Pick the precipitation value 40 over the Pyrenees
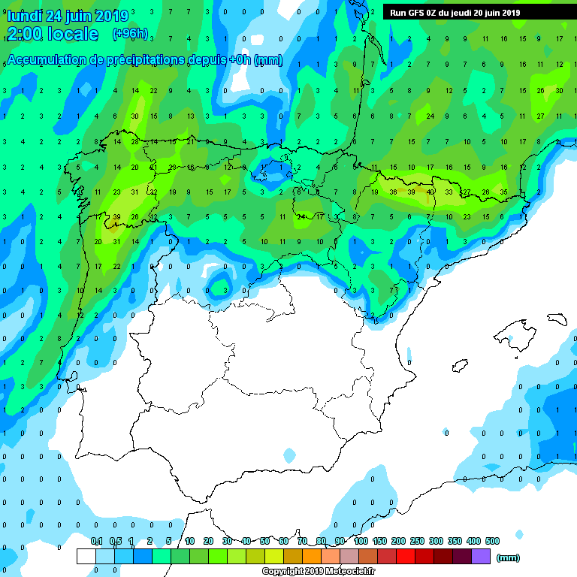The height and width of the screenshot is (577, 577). tap(430, 192)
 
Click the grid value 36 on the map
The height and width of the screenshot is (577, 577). tap(393, 192)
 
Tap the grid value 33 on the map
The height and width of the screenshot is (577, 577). tap(449, 192)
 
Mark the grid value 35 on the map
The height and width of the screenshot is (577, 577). tap(504, 192)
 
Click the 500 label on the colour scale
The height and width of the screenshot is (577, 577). tap(492, 541)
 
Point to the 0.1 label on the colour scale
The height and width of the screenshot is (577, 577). tap(96, 541)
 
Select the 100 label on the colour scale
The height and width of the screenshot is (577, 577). tap(361, 541)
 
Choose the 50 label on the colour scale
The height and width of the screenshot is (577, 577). tap(265, 541)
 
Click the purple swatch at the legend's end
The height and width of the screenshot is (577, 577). tap(481, 557)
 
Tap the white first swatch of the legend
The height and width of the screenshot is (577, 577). tap(86, 557)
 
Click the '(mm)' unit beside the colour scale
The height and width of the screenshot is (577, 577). tap(509, 557)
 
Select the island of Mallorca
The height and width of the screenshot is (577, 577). tap(516, 334)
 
